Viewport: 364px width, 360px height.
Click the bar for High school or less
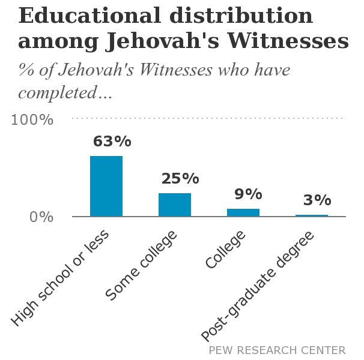pyautogui.click(x=106, y=186)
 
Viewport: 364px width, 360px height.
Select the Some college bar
pyautogui.click(x=175, y=205)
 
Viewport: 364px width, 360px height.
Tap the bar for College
pyautogui.click(x=243, y=212)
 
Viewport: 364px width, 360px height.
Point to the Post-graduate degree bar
pyautogui.click(x=312, y=215)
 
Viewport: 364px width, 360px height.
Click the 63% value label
pyautogui.click(x=112, y=142)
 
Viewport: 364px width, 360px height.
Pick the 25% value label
pyautogui.click(x=180, y=179)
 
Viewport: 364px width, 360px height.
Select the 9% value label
pyautogui.click(x=249, y=194)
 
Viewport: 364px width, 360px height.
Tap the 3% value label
pyautogui.click(x=317, y=200)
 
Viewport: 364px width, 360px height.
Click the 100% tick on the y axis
pyautogui.click(x=33, y=119)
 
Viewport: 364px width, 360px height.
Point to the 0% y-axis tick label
pyautogui.click(x=41, y=217)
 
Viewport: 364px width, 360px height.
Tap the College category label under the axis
pyautogui.click(x=226, y=250)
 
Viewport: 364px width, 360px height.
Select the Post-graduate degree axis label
pyautogui.click(x=258, y=285)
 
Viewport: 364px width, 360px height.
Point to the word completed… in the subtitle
pyautogui.click(x=65, y=94)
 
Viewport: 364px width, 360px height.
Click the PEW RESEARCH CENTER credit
pyautogui.click(x=277, y=350)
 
